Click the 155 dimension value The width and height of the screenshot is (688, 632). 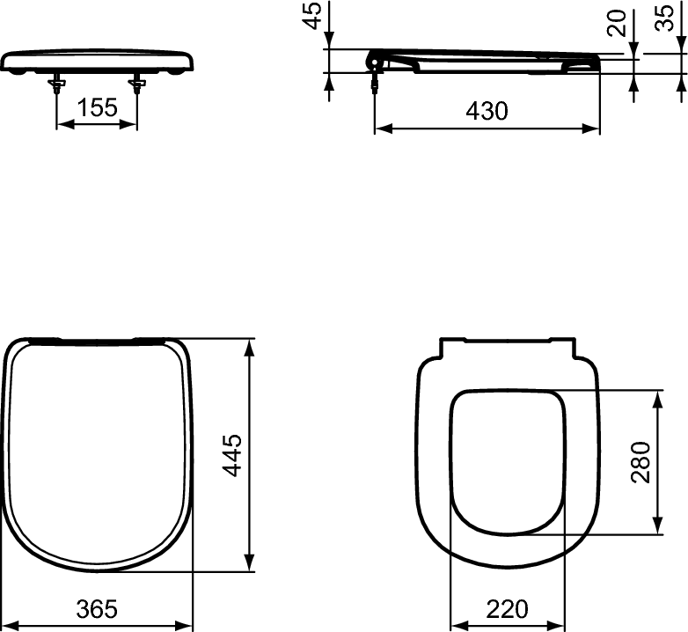tap(97, 108)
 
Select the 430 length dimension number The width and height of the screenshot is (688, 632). tap(487, 111)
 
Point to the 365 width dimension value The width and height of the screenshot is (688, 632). tap(97, 608)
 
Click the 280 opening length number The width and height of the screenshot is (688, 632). tap(640, 462)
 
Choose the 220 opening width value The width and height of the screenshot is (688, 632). tap(506, 608)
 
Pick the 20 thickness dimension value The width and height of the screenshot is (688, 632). tap(618, 22)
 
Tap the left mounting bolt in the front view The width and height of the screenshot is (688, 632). tap(57, 83)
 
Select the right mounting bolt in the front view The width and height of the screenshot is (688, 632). tap(137, 83)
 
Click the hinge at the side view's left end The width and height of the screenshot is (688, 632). tap(375, 61)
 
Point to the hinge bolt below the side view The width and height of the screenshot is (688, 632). tap(376, 81)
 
